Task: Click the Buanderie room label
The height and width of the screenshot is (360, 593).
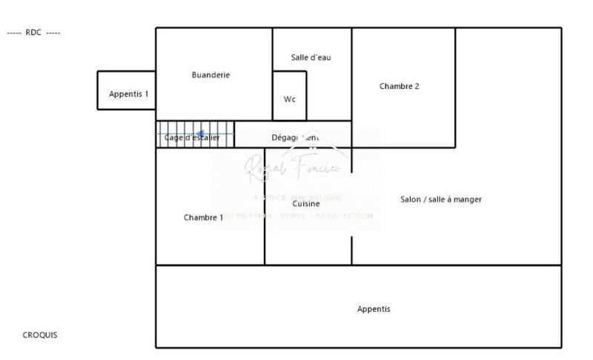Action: pyautogui.click(x=211, y=75)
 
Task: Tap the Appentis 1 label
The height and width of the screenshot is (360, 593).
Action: pyautogui.click(x=129, y=94)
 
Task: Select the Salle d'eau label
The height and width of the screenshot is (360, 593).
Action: pyautogui.click(x=311, y=58)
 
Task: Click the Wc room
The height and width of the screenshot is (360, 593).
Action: pyautogui.click(x=290, y=99)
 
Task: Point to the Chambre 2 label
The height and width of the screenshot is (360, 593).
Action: pyautogui.click(x=400, y=86)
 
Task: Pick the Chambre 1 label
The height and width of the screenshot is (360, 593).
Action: pyautogui.click(x=203, y=218)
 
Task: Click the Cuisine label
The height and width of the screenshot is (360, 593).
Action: pyautogui.click(x=306, y=203)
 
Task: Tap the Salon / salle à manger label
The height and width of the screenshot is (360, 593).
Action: pyautogui.click(x=441, y=199)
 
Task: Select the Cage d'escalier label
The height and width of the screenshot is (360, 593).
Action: pyautogui.click(x=192, y=138)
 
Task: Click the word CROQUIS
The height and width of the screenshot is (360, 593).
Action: pyautogui.click(x=40, y=335)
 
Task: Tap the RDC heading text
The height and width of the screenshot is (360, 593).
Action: pyautogui.click(x=33, y=33)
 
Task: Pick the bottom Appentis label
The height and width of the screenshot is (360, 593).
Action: pyautogui.click(x=374, y=309)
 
